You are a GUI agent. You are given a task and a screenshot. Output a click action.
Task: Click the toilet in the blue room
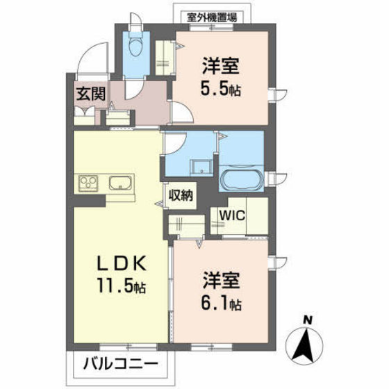(x=135, y=47)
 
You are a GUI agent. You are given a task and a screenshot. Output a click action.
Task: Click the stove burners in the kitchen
(x=89, y=185)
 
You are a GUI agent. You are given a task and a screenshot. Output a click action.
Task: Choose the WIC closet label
(x=232, y=215)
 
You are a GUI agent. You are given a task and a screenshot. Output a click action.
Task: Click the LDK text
(x=125, y=264)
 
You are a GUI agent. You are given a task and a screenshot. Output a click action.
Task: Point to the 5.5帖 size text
(x=221, y=89)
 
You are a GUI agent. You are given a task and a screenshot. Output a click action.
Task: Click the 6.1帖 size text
(x=222, y=303)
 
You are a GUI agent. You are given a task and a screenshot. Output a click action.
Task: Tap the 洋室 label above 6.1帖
(x=222, y=281)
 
